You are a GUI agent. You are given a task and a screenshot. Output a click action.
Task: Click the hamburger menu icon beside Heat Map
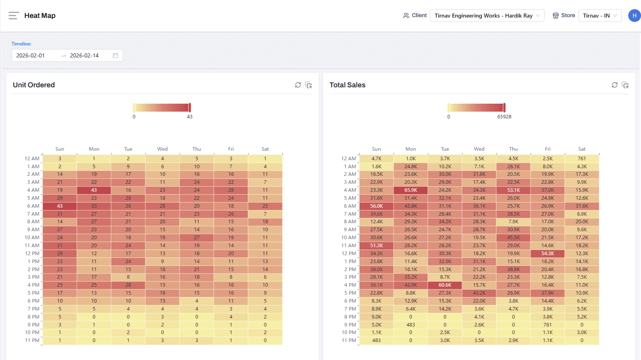pyautogui.click(x=14, y=16)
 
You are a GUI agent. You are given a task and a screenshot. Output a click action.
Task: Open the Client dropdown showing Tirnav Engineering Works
pyautogui.click(x=486, y=16)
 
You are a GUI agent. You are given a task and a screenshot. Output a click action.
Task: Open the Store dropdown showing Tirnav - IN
pyautogui.click(x=600, y=16)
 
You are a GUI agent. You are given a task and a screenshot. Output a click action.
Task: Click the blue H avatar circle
pyautogui.click(x=634, y=16)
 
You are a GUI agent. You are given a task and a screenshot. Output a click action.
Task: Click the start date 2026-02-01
pyautogui.click(x=31, y=55)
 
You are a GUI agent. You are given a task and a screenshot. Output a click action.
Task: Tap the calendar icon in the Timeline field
pyautogui.click(x=116, y=55)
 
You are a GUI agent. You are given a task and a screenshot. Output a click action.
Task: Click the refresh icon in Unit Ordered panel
pyautogui.click(x=298, y=85)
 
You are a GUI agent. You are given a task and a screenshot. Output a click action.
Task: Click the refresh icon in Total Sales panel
pyautogui.click(x=614, y=85)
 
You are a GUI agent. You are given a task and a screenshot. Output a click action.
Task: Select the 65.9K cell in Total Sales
pyautogui.click(x=411, y=190)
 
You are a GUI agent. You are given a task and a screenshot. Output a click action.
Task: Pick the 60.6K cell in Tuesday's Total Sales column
pyautogui.click(x=445, y=285)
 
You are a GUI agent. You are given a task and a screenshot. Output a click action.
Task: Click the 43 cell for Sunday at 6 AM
pyautogui.click(x=60, y=206)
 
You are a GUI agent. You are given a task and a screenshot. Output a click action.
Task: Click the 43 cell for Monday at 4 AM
pyautogui.click(x=94, y=190)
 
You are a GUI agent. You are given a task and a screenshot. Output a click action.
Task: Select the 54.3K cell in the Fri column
pyautogui.click(x=548, y=254)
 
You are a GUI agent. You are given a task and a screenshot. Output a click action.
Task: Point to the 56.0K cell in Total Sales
pyautogui.click(x=376, y=206)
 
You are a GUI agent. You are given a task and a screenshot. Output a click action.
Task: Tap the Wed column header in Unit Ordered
pyautogui.click(x=163, y=149)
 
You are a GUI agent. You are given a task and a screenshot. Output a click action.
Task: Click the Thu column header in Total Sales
pyautogui.click(x=514, y=149)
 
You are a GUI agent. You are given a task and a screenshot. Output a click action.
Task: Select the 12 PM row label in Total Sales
pyautogui.click(x=349, y=254)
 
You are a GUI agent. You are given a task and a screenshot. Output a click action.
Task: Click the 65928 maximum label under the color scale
pyautogui.click(x=504, y=117)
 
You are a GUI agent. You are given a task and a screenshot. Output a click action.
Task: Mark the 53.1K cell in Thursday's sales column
pyautogui.click(x=514, y=190)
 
